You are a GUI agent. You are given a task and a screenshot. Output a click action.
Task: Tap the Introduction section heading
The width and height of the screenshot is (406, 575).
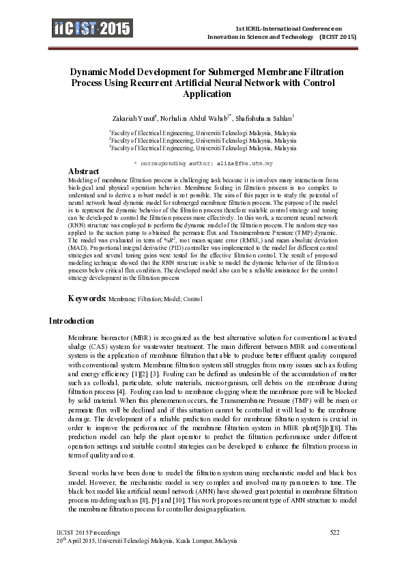(x=71, y=321)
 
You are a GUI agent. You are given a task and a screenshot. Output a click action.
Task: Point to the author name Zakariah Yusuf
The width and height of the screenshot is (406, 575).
(x=136, y=117)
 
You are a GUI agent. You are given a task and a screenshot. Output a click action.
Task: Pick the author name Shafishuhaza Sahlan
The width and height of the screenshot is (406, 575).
(x=265, y=117)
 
